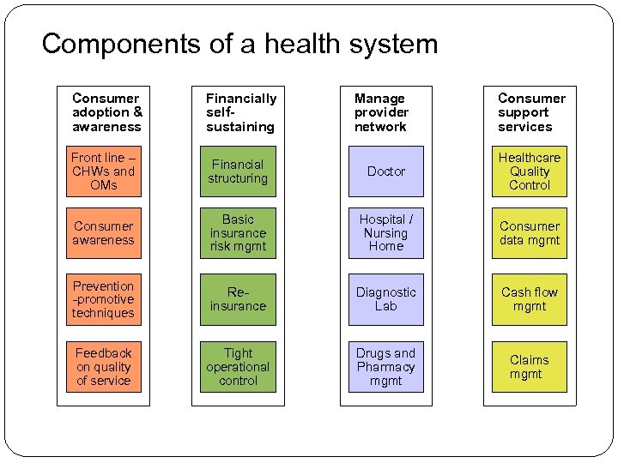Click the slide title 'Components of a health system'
(239, 44)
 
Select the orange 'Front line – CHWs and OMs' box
(104, 171)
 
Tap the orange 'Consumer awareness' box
(104, 233)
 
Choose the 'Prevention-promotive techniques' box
(104, 299)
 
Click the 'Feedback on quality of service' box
(104, 367)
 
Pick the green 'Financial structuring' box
(238, 171)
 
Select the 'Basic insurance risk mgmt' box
(238, 233)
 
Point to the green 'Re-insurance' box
(238, 299)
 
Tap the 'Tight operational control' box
(238, 367)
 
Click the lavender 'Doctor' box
(385, 171)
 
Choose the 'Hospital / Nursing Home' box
(385, 233)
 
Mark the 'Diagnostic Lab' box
(385, 299)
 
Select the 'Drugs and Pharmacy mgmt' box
(385, 367)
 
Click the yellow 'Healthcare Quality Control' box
(530, 171)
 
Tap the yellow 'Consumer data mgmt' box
(530, 233)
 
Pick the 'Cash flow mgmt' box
(530, 299)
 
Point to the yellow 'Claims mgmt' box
(530, 367)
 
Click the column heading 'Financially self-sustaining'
(240, 112)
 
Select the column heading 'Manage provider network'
(381, 112)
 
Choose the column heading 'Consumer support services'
(530, 112)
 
